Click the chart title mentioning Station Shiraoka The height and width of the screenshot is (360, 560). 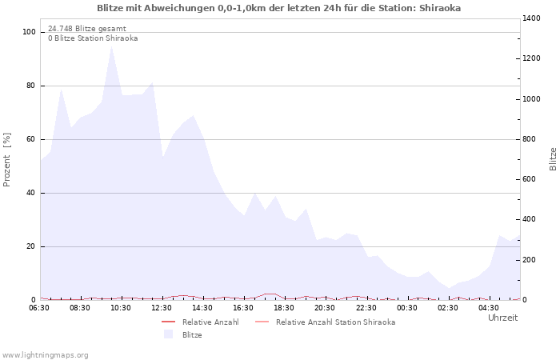pos(278,8)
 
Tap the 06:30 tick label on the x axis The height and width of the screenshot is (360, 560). pos(39,308)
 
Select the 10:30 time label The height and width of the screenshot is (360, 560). pos(121,308)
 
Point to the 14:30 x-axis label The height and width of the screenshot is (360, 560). pos(203,308)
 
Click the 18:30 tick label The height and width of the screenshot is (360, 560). pos(285,308)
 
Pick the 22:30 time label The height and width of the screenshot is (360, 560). pos(366,308)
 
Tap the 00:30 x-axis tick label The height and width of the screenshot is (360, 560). pos(407,308)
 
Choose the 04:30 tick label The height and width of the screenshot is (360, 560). pos(489,308)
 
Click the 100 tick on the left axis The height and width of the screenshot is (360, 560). pos(30,32)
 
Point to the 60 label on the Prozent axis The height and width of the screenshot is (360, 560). pos(31,139)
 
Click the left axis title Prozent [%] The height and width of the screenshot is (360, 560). pos(7,159)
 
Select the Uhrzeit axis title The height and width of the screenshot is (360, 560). pos(502,318)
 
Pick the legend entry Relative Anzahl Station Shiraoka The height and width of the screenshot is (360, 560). pos(335,322)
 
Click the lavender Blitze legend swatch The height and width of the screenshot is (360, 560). pos(168,334)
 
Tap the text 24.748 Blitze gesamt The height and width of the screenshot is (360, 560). pos(86,28)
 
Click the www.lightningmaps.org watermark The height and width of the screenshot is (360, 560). pos(46,354)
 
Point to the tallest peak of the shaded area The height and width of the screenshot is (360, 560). pos(111,46)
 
